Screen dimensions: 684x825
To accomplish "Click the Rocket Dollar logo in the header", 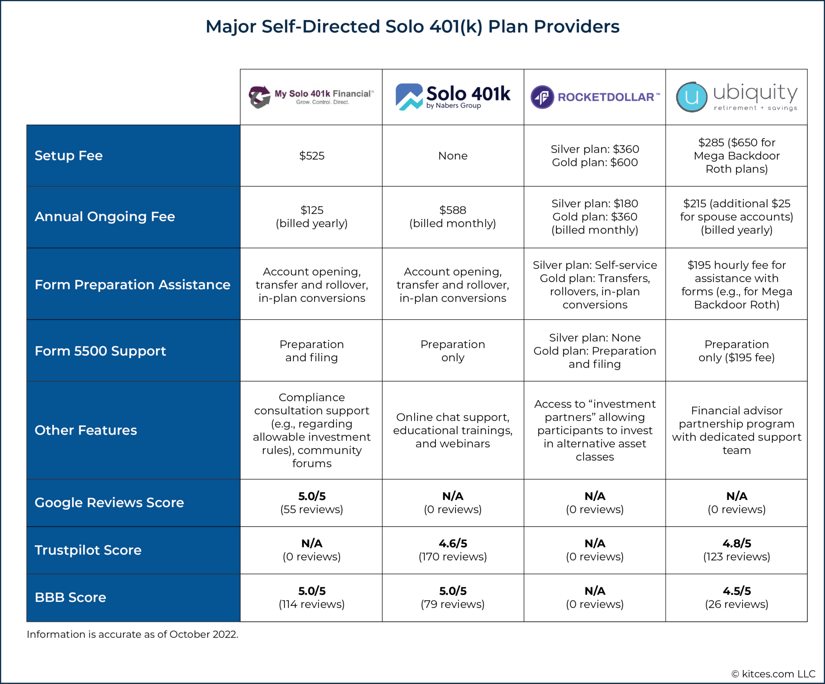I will [x=595, y=97].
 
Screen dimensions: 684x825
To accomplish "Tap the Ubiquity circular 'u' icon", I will [x=691, y=97].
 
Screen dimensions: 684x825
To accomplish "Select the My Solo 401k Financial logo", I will [x=311, y=97].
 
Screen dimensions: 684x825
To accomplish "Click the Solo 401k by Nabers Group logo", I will [x=453, y=97].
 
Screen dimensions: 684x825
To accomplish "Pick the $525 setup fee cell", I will [x=311, y=156].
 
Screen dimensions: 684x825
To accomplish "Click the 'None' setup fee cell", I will [x=453, y=156].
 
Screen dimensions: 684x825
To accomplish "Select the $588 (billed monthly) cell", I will [x=453, y=216].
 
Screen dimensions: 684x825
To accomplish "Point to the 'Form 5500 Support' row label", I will [x=100, y=351].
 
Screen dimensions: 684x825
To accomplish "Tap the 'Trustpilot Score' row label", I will [x=88, y=550].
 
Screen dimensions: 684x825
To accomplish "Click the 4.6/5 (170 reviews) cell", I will [x=453, y=550].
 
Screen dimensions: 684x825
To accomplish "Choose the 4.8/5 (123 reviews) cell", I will [x=736, y=550].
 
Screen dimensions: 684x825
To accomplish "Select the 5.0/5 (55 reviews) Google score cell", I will [x=311, y=502].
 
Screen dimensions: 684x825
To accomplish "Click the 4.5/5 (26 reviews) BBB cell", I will [x=736, y=597].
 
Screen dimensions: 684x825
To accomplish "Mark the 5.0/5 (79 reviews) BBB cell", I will [x=453, y=597].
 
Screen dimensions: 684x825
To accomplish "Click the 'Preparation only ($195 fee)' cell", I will [x=736, y=351].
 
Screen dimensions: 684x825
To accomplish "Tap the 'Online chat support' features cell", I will [x=453, y=430].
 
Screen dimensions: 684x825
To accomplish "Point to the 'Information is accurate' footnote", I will [x=133, y=634].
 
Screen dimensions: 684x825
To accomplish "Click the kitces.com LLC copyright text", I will [x=773, y=674].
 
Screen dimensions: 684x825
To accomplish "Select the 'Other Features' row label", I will [x=86, y=430].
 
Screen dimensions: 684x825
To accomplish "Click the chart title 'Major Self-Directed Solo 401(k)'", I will [x=412, y=27].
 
